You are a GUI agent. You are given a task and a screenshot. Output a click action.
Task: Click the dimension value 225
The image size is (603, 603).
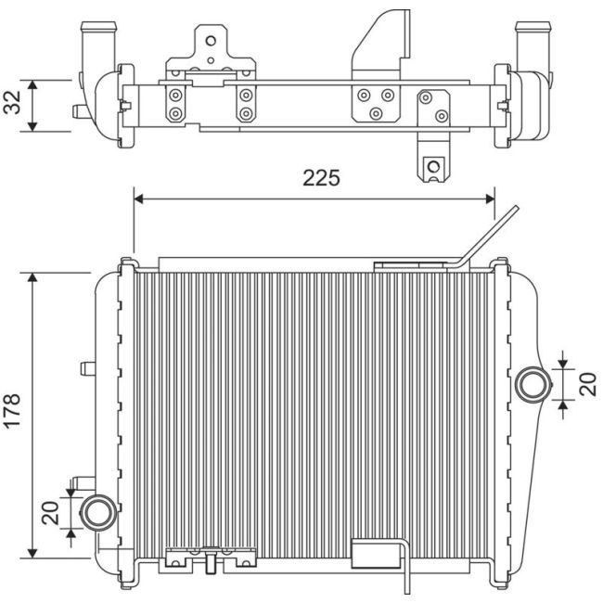(x=321, y=177)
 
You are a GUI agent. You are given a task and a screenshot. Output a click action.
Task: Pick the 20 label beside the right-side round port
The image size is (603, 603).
(x=587, y=384)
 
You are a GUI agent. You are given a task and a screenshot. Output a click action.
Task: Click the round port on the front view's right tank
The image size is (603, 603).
(x=533, y=384)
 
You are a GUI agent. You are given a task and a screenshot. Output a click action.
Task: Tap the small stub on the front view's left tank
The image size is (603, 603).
(x=88, y=367)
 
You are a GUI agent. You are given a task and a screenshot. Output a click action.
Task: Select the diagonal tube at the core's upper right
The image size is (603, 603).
(x=488, y=238)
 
